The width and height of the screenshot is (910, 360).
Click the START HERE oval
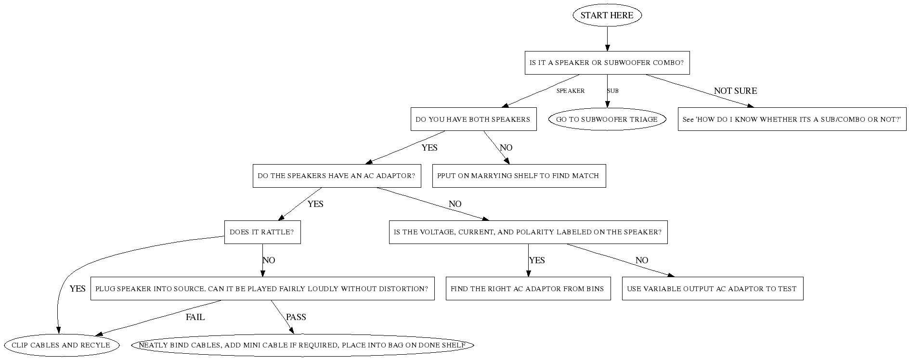(x=607, y=15)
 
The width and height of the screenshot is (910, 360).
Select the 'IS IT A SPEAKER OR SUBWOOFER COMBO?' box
(x=607, y=63)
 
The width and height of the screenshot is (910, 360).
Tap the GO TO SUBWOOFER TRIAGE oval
(x=607, y=119)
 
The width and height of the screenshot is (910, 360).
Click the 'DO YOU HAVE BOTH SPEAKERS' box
(x=473, y=119)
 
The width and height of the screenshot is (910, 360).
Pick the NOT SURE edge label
(x=735, y=91)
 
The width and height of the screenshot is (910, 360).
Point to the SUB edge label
(x=613, y=91)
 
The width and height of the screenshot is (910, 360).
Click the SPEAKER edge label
(x=570, y=91)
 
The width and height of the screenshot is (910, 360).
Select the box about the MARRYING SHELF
(x=519, y=176)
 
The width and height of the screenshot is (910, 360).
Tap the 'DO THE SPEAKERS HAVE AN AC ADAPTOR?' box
(x=336, y=176)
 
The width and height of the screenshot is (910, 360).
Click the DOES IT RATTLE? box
(x=262, y=232)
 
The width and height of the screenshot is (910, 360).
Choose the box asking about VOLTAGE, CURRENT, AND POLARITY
(x=528, y=232)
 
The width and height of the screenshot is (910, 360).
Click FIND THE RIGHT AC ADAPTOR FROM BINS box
(x=528, y=289)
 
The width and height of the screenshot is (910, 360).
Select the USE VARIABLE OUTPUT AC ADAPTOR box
(x=712, y=289)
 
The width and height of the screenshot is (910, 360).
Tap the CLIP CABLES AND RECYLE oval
(x=61, y=345)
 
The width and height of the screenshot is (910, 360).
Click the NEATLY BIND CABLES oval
(x=302, y=345)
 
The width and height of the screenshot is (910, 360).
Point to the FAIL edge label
(x=195, y=317)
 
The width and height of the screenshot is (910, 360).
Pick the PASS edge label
(x=296, y=317)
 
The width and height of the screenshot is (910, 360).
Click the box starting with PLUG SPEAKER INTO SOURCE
(x=262, y=289)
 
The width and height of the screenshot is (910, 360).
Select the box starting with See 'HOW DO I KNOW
(x=792, y=119)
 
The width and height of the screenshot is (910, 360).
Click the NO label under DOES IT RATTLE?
(x=269, y=260)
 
